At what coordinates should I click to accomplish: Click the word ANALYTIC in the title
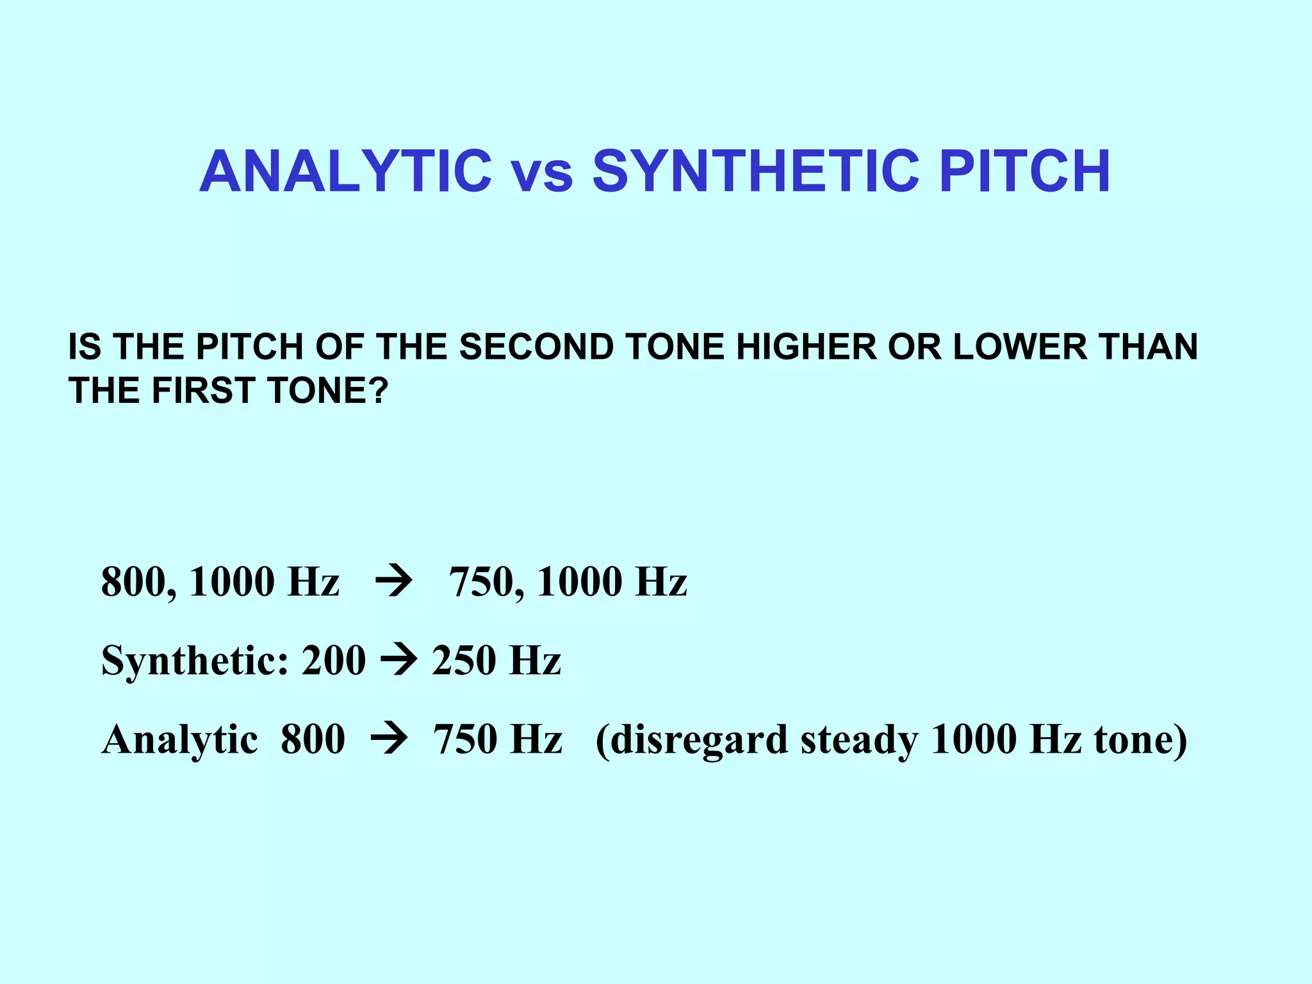(x=345, y=171)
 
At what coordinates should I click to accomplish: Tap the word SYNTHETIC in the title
(x=756, y=171)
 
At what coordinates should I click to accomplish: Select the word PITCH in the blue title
(x=1024, y=171)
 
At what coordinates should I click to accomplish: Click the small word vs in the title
(x=541, y=174)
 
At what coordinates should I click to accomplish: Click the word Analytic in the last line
(x=180, y=740)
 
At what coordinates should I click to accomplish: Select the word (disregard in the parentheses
(x=691, y=740)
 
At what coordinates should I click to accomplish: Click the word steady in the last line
(x=858, y=740)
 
